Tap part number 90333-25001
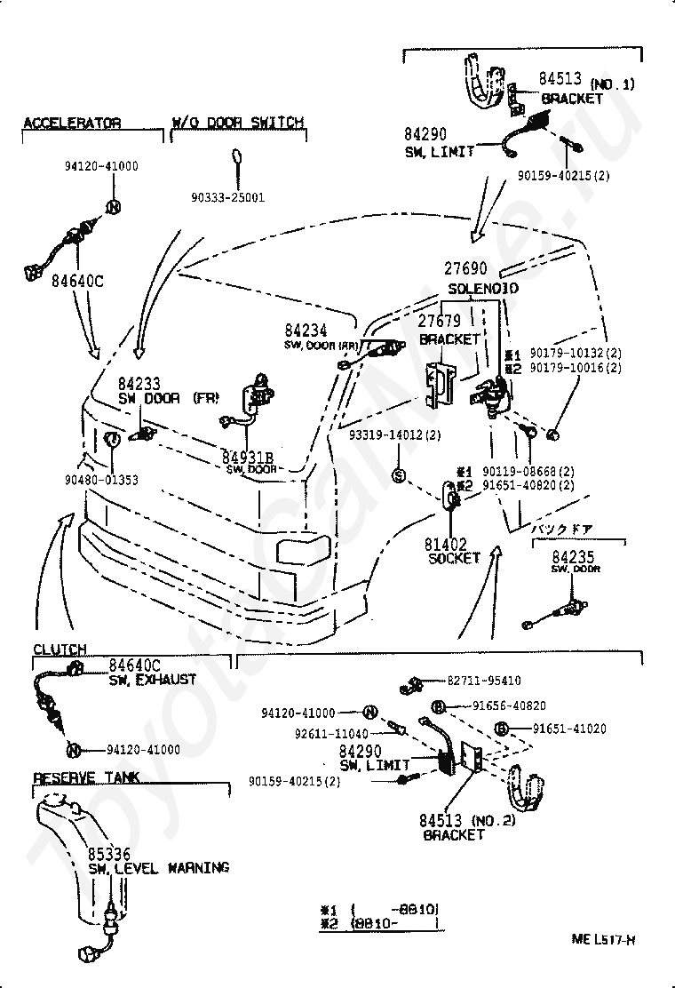tap(228, 197)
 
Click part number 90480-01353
tap(100, 480)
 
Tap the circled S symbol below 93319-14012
tap(399, 475)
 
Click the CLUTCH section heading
tap(60, 649)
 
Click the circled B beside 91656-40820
tap(438, 706)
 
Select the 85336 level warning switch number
tap(109, 852)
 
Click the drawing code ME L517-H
tap(607, 939)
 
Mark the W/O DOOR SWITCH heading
tap(237, 123)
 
